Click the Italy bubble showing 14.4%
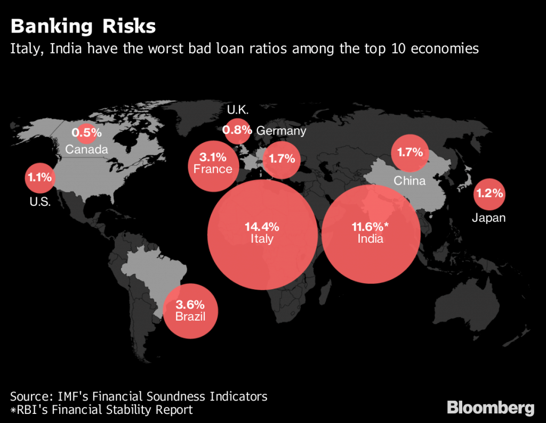pyautogui.click(x=262, y=233)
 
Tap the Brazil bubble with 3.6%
pyautogui.click(x=190, y=311)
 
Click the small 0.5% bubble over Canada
pyautogui.click(x=86, y=132)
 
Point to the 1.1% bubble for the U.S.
pyautogui.click(x=40, y=178)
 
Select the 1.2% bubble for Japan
pyautogui.click(x=489, y=194)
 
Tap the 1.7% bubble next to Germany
pyautogui.click(x=282, y=159)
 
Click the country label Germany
pyautogui.click(x=281, y=131)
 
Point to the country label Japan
pyautogui.click(x=488, y=218)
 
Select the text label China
pyautogui.click(x=409, y=181)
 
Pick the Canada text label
pyautogui.click(x=86, y=149)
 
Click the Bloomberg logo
pyautogui.click(x=490, y=408)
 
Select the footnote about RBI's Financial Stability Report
pyautogui.click(x=101, y=410)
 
